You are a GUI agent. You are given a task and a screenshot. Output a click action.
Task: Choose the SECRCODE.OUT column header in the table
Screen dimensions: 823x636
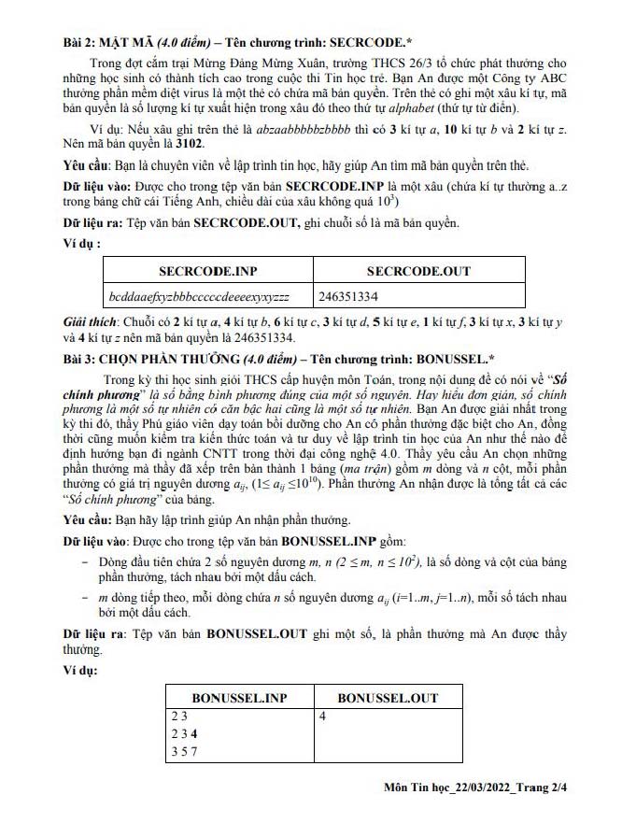click(418, 272)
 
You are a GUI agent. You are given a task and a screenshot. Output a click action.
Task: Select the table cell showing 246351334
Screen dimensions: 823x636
click(348, 296)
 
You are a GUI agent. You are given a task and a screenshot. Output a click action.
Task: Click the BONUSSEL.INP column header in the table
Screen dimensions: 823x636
click(239, 698)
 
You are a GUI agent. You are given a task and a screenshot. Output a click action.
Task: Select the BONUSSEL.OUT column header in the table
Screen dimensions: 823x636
click(388, 698)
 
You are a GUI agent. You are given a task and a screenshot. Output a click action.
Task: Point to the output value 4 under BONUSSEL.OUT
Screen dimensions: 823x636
click(321, 717)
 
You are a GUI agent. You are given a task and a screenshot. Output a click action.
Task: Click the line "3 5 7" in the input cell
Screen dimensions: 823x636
click(183, 750)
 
